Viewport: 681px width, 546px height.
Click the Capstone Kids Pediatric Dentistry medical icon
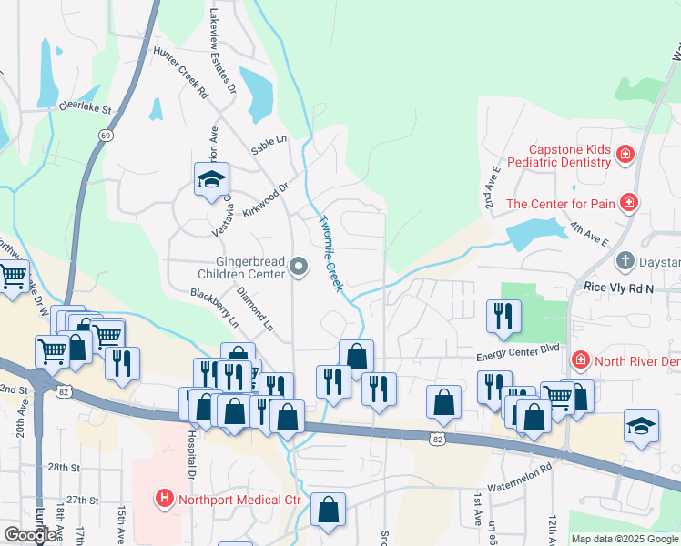pos(625,155)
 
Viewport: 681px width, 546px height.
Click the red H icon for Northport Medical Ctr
pos(165,499)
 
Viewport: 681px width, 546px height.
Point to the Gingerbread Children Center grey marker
pos(300,268)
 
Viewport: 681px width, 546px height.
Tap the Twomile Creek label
pos(330,253)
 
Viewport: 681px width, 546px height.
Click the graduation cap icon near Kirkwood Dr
pos(210,179)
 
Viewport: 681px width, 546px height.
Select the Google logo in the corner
pos(31,535)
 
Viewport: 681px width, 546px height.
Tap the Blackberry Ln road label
pos(214,308)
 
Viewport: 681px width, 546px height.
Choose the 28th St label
pos(65,467)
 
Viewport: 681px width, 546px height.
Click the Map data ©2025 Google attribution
pos(625,539)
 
